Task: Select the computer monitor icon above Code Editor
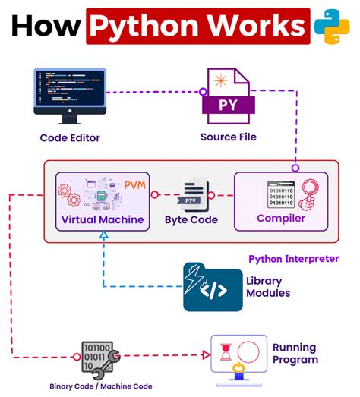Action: [x=70, y=95]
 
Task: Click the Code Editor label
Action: [x=70, y=137]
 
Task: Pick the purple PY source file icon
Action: [x=228, y=96]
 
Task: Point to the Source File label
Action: [x=228, y=137]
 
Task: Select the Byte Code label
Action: [x=191, y=220]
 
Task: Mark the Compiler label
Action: [x=281, y=218]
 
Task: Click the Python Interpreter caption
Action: [x=294, y=259]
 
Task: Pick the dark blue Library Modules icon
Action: [x=212, y=287]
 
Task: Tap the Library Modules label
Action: [x=267, y=287]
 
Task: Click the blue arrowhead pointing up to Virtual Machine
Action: [x=103, y=237]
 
